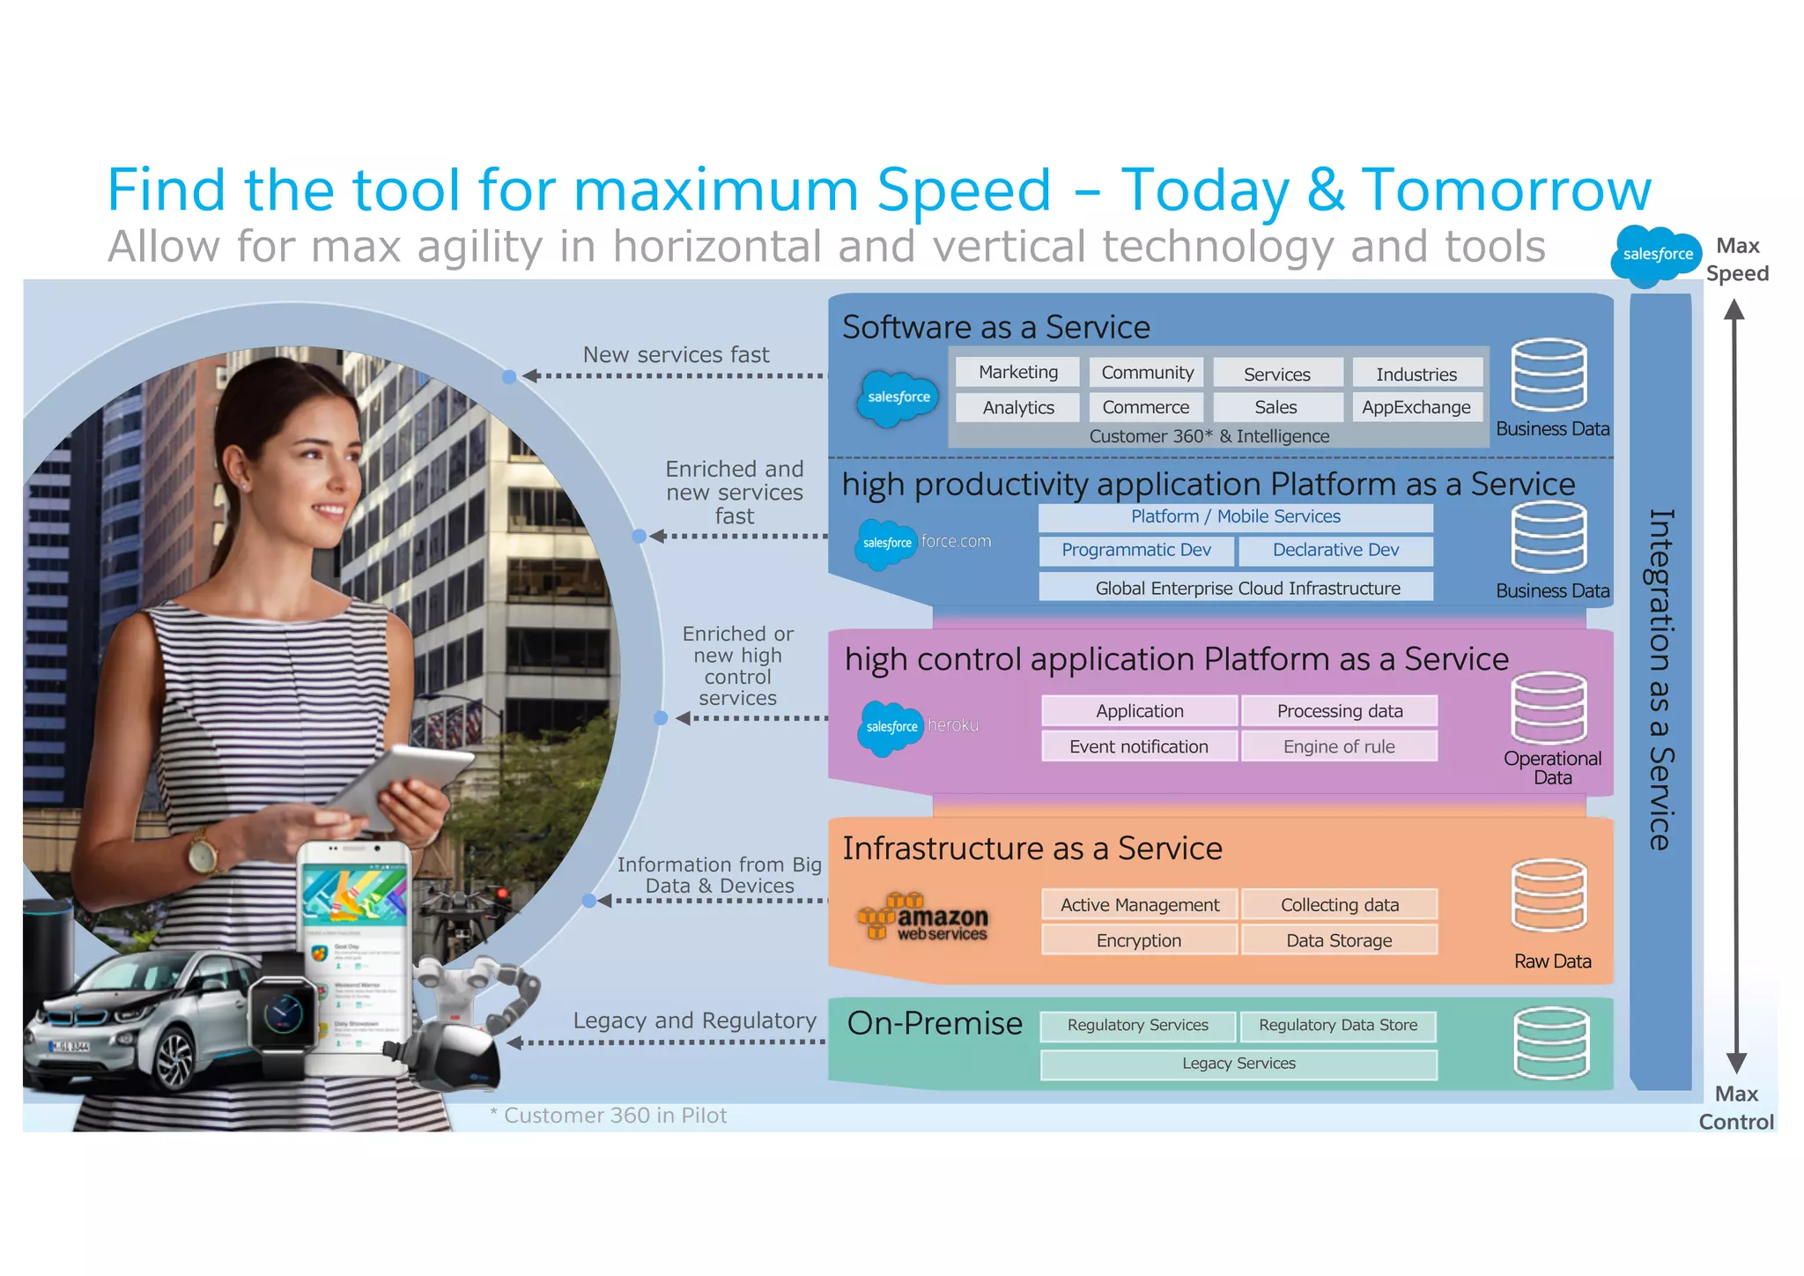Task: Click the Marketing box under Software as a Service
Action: (1017, 372)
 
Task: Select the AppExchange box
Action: (1416, 407)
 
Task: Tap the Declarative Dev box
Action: (1335, 550)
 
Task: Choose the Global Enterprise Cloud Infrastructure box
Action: (1236, 588)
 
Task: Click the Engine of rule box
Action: (1339, 746)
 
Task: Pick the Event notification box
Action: (1139, 746)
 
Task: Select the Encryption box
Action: (1139, 940)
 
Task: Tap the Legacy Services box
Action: (1238, 1064)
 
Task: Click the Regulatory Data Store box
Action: (1338, 1026)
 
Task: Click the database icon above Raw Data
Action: (1549, 895)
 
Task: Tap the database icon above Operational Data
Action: (1549, 708)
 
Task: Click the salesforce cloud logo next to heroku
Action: (890, 727)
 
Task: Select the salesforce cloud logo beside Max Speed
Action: (1656, 256)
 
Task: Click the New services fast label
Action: (676, 355)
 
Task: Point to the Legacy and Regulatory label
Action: (694, 1020)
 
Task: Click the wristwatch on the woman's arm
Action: (203, 854)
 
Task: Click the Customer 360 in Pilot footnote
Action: (609, 1116)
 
